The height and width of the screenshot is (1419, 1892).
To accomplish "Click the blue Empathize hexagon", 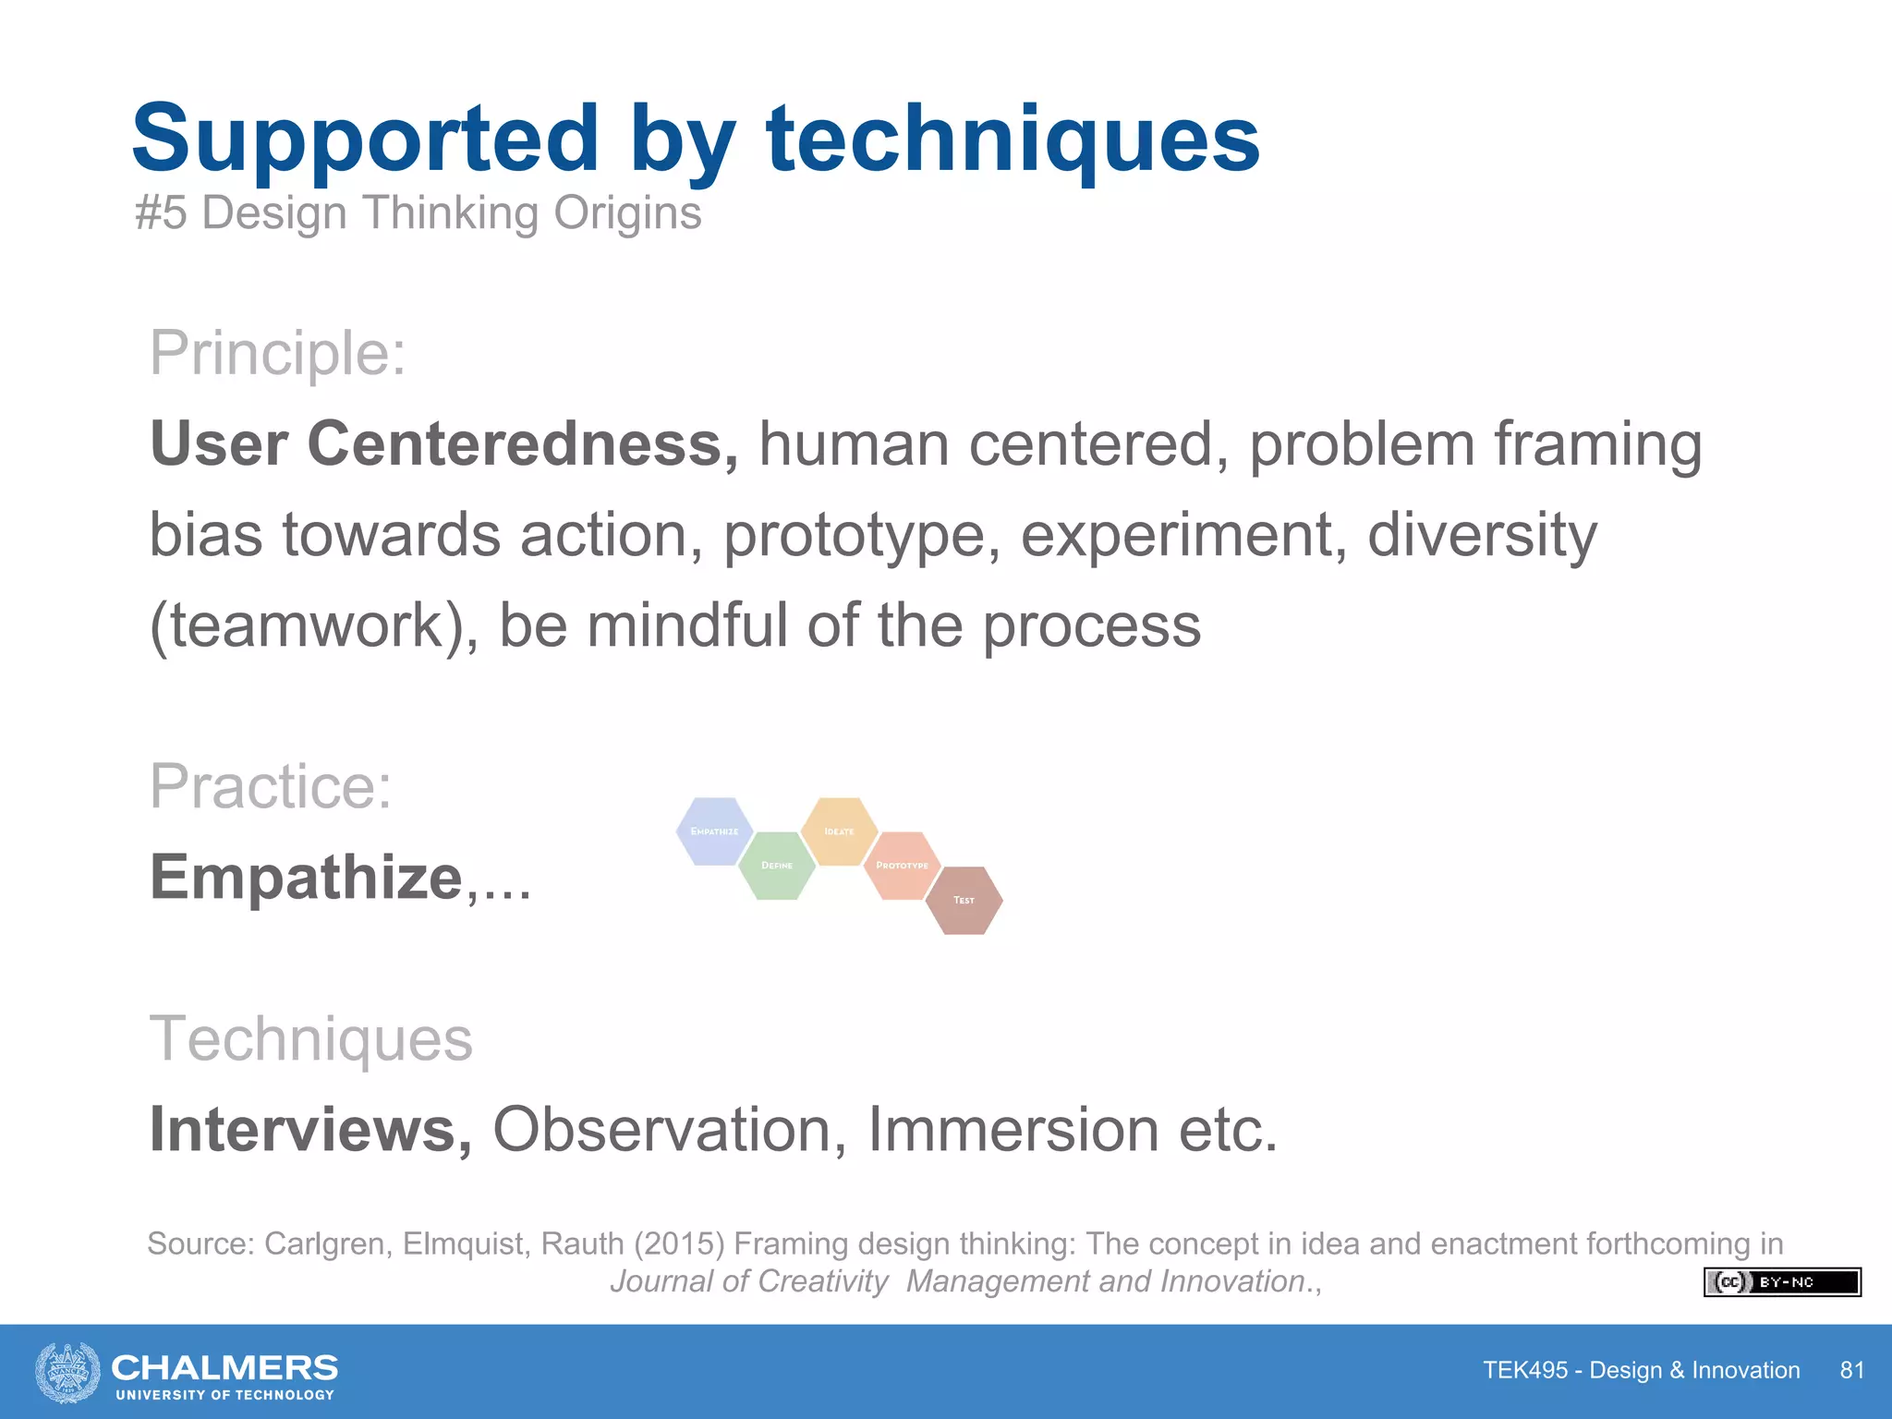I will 714,831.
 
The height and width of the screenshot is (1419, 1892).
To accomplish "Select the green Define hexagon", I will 777,866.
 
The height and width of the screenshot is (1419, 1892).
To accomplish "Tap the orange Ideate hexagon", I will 839,831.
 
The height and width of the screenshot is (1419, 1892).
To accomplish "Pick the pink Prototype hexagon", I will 902,866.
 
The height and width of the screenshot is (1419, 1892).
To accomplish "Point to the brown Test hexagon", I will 964,900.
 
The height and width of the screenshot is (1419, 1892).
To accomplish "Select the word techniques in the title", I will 1013,139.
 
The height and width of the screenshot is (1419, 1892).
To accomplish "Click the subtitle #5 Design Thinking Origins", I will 418,213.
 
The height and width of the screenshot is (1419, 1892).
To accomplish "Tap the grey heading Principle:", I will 277,353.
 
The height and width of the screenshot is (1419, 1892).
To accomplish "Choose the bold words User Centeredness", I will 443,444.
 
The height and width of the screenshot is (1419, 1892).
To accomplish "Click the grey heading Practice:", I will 271,786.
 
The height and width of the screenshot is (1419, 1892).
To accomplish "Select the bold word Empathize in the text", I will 306,877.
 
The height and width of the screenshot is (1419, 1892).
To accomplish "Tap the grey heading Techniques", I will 310,1039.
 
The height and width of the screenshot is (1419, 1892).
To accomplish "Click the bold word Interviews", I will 310,1130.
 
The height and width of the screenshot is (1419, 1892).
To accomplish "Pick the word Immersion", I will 1013,1130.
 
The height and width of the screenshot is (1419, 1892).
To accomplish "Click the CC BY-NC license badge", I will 1781,1282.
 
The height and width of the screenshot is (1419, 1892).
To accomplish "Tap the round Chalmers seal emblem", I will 67,1373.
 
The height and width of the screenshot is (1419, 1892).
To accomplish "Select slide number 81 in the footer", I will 1851,1370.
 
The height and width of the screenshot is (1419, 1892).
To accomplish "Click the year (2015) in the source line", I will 679,1244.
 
